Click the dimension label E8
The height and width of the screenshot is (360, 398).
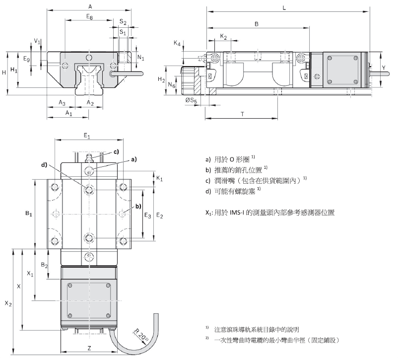89,17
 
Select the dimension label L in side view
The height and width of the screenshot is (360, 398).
284,8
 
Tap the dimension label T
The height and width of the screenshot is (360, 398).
242,114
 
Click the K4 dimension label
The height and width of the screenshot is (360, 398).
177,44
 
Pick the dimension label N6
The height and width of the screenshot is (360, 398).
171,85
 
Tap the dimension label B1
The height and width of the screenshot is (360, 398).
28,214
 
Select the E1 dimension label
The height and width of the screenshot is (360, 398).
87,135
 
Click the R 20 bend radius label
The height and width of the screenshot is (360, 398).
140,335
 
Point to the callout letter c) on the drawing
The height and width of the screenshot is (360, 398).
116,151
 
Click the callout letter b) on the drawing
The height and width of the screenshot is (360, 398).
138,206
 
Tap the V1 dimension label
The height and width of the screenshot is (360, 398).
37,41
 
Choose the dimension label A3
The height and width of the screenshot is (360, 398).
62,102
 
